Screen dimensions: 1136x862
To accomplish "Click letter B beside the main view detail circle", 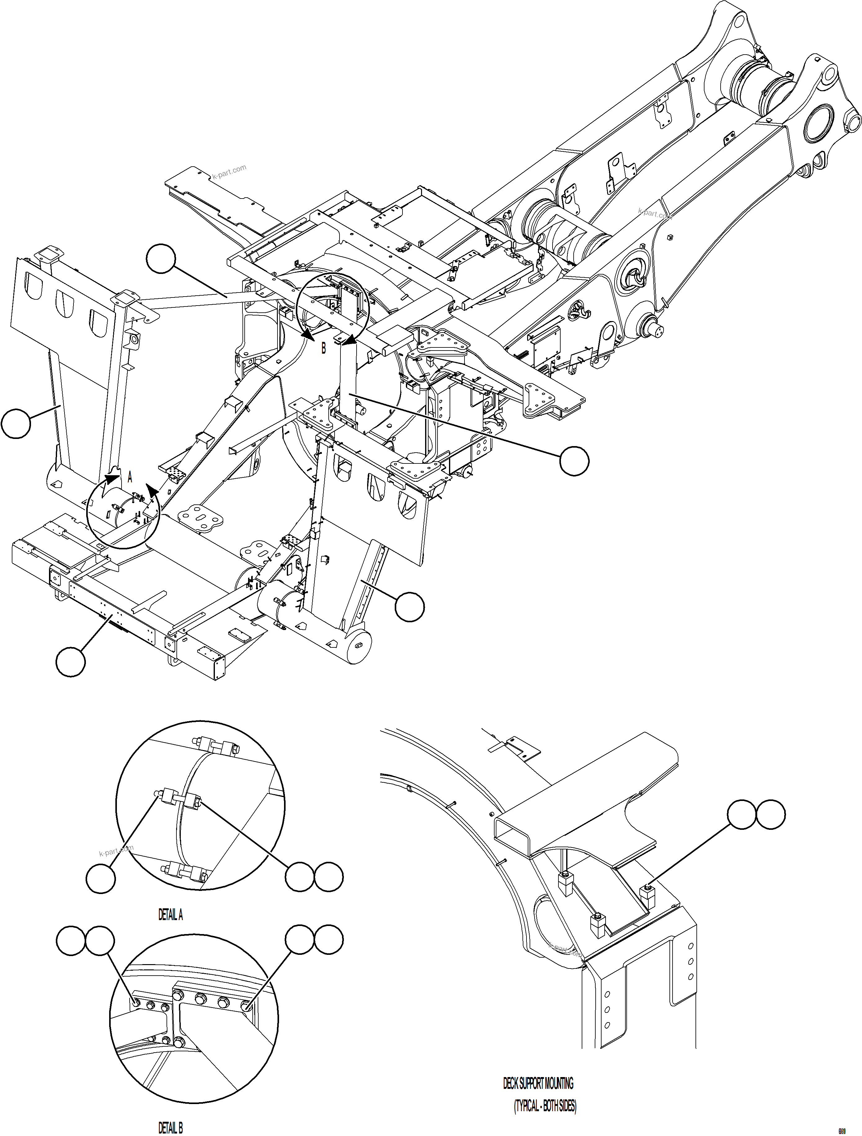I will click(323, 348).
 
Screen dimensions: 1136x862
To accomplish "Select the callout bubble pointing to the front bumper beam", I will click(71, 662).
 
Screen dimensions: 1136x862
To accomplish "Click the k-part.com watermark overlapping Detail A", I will click(116, 852).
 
